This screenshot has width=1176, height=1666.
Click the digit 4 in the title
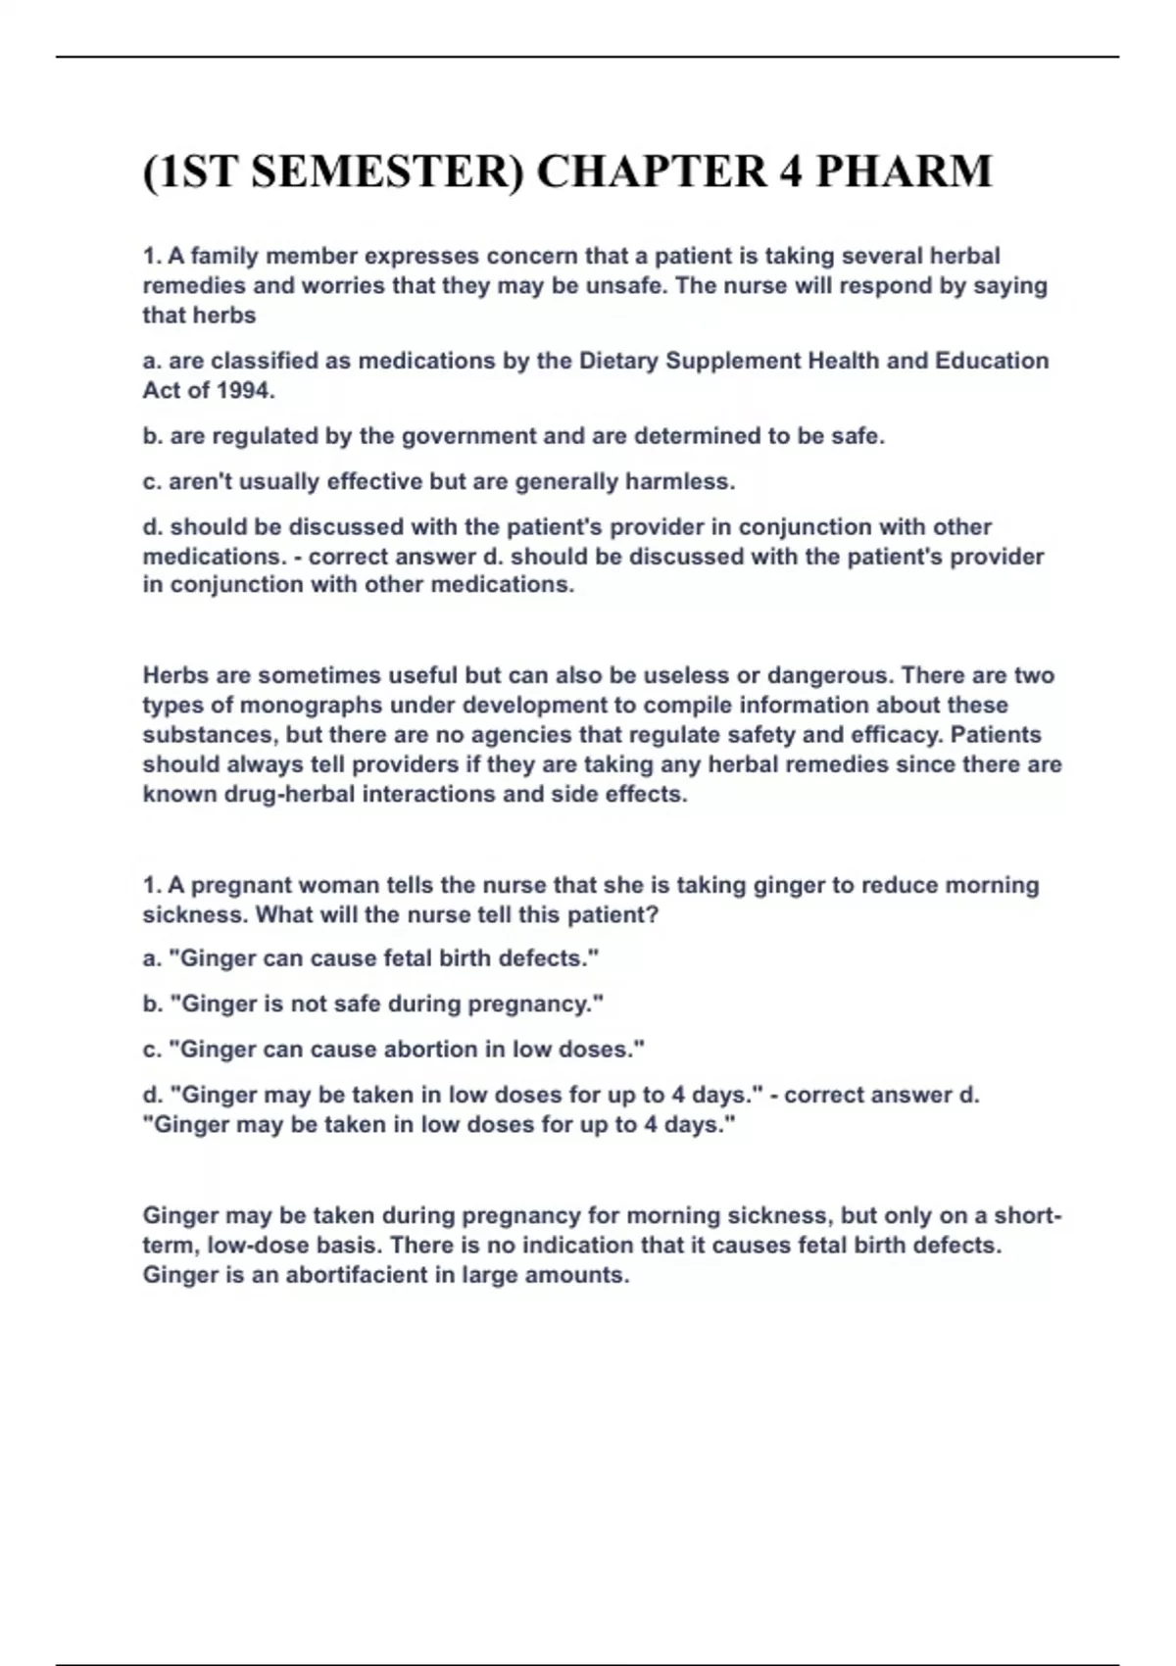click(x=791, y=171)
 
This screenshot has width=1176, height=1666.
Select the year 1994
click(x=242, y=390)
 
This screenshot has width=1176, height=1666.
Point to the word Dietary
click(x=618, y=361)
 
